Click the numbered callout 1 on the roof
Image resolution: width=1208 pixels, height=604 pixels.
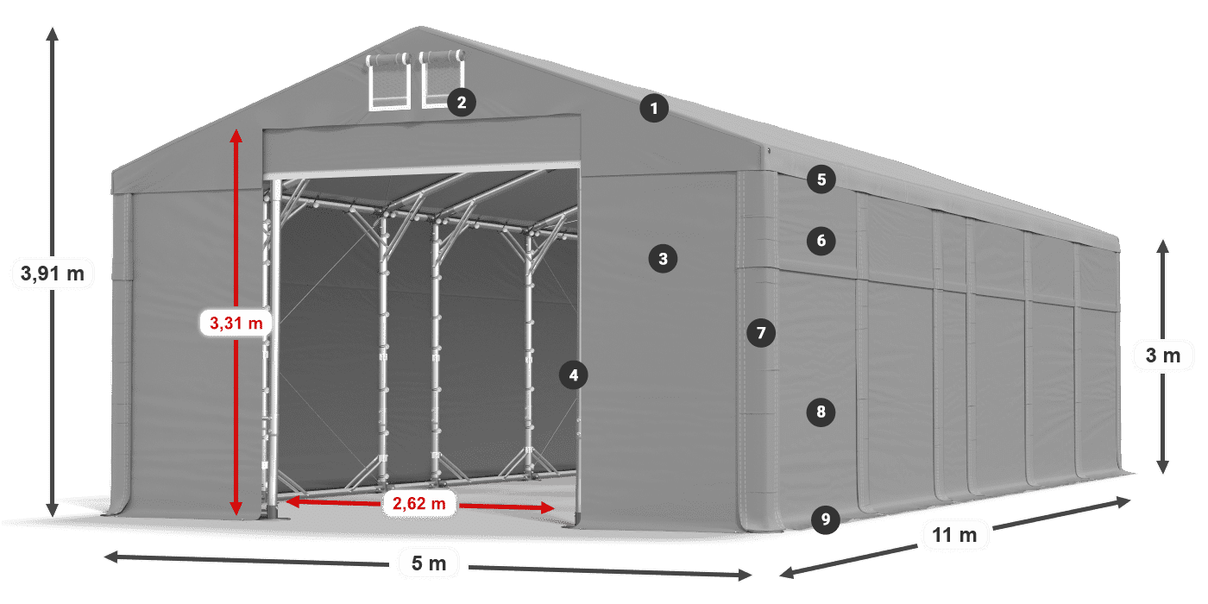pos(654,109)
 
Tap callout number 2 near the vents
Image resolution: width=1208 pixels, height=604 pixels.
pos(462,102)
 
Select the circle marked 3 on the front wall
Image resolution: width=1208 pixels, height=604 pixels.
pos(663,259)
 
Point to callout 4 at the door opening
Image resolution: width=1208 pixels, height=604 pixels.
pos(574,375)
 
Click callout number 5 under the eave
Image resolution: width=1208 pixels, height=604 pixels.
pos(821,179)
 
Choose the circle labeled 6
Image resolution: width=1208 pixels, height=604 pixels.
pos(821,241)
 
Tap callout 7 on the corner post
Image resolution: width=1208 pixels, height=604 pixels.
pos(761,333)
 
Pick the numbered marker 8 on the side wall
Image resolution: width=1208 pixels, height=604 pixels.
pos(821,412)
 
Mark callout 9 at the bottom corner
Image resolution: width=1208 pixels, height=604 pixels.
pos(826,519)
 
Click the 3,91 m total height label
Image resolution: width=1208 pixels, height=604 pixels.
pos(53,274)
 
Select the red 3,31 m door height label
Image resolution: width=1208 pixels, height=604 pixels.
pos(236,323)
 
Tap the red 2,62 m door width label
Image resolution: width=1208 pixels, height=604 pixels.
pos(419,504)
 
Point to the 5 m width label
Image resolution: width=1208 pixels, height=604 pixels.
pos(429,563)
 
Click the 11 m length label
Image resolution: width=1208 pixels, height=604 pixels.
pos(954,535)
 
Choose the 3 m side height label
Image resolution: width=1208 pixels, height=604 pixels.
pos(1163,355)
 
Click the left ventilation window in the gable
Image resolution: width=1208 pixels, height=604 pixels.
pos(388,81)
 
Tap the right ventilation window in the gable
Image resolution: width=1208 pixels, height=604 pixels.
pos(442,79)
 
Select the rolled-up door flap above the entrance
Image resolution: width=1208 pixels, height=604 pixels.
pos(422,146)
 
